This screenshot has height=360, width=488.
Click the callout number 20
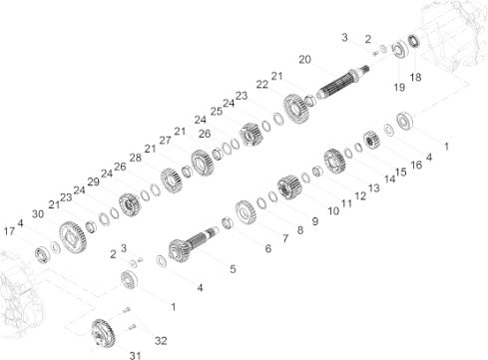tap(304, 60)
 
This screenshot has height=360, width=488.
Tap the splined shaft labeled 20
tap(342, 82)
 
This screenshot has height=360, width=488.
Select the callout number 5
tap(233, 268)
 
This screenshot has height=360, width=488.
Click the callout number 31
tap(135, 355)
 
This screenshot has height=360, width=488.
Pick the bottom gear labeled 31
tap(104, 333)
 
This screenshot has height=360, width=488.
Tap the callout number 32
tap(161, 340)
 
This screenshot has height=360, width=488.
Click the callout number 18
tap(415, 77)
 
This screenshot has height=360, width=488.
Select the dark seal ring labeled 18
tap(414, 41)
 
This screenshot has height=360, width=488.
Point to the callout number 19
tap(399, 87)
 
